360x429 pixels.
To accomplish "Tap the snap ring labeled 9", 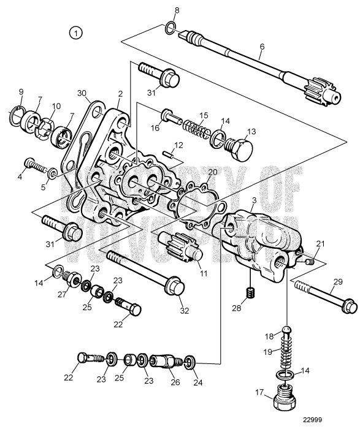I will pyautogui.click(x=18, y=114).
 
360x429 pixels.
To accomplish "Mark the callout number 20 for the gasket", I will pyautogui.click(x=212, y=172).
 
